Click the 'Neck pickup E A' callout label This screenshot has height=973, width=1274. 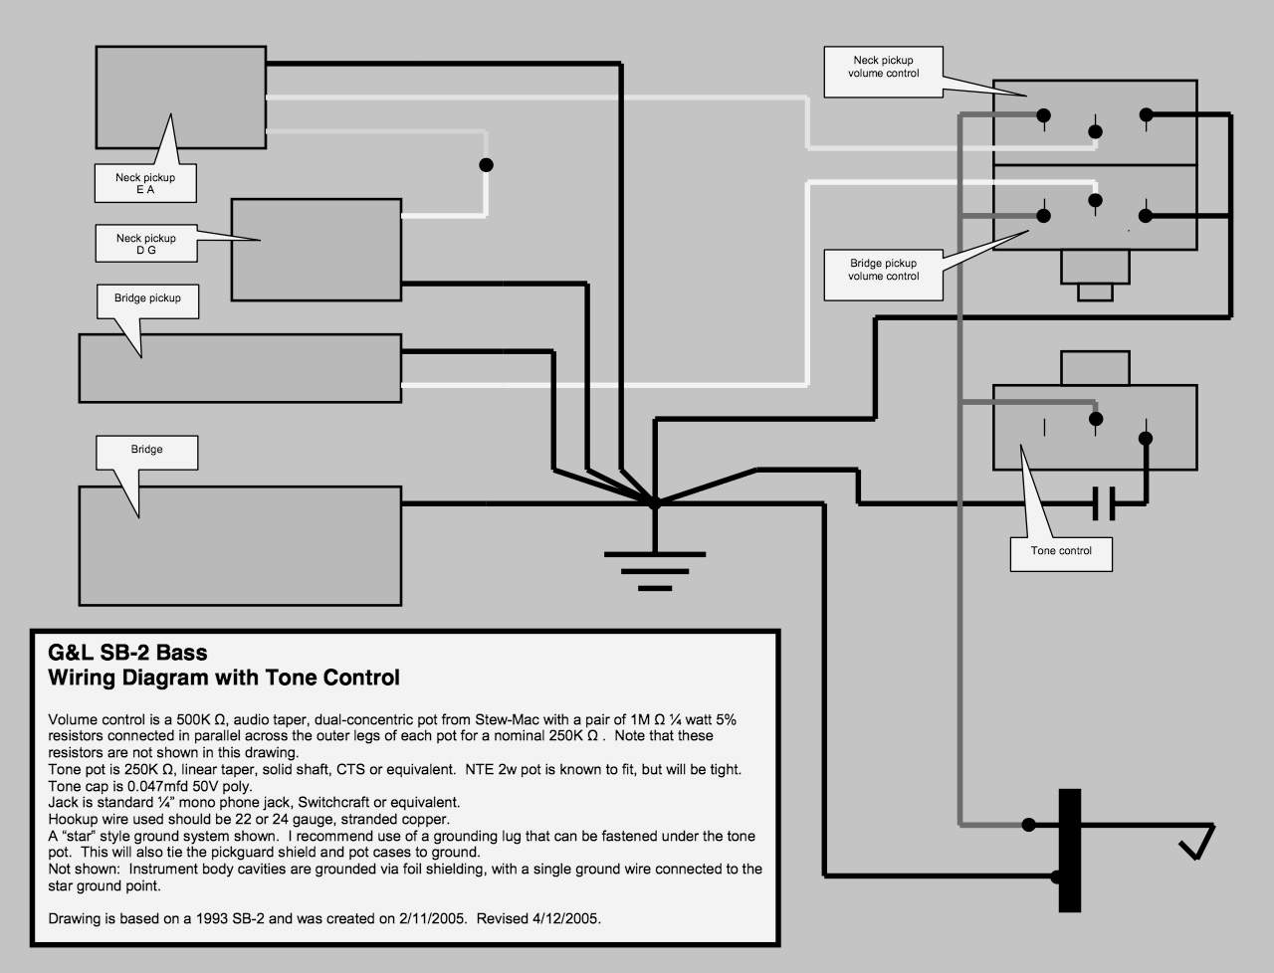coord(145,183)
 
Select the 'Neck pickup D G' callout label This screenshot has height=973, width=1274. coord(145,244)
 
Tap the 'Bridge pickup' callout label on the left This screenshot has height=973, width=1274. coord(147,297)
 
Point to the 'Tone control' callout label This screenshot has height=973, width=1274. coord(1061,550)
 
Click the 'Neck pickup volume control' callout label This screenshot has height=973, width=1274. coord(884,67)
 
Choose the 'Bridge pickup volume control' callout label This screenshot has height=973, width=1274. coord(884,270)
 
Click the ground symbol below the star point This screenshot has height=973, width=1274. coord(655,571)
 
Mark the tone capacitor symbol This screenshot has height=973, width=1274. coord(1104,503)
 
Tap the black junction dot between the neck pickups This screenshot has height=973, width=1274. coord(487,165)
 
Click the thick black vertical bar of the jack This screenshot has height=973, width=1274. coord(1070,850)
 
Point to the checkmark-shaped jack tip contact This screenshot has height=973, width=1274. coord(1197,842)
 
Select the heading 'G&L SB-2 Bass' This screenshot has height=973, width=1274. coord(127,653)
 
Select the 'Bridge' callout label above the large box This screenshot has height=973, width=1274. coord(147,449)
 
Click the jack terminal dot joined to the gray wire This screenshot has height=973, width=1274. coord(1028,825)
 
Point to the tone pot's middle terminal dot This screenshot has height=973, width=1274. coord(1096,418)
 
